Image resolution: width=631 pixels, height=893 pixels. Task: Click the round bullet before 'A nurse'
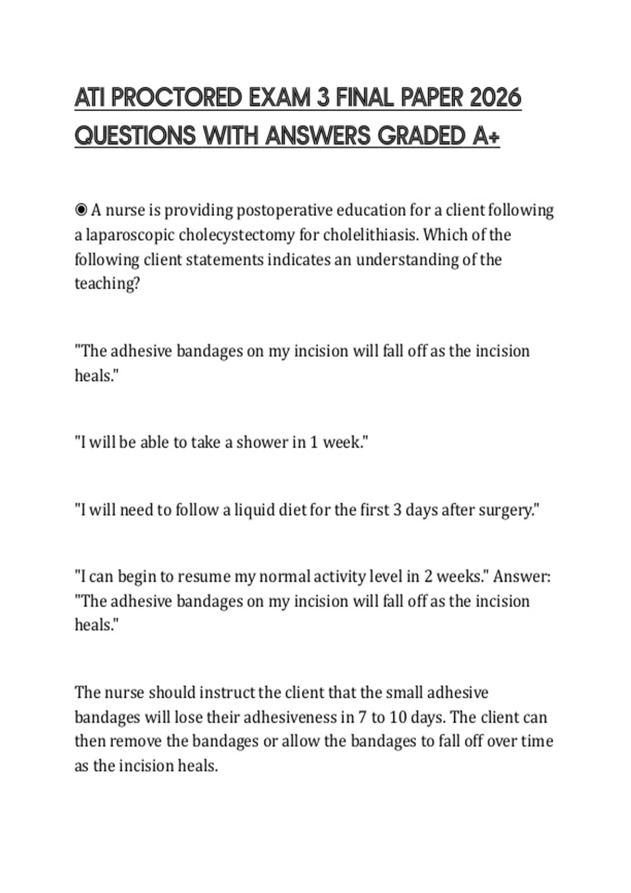pyautogui.click(x=81, y=210)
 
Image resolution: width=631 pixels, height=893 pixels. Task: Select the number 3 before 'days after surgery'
pyautogui.click(x=398, y=510)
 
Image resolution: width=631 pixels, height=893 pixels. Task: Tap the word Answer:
pyautogui.click(x=522, y=577)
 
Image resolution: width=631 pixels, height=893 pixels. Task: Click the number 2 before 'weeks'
pyautogui.click(x=428, y=577)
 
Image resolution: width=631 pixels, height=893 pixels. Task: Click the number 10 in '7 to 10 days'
pyautogui.click(x=399, y=717)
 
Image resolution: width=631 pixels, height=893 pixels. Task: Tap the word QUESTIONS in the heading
pyautogui.click(x=135, y=136)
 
